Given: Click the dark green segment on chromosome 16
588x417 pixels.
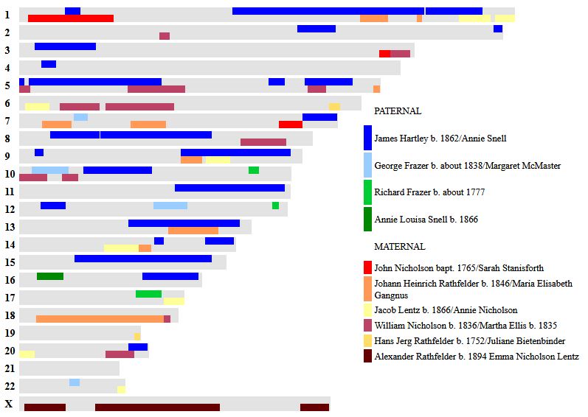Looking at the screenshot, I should click(x=50, y=276).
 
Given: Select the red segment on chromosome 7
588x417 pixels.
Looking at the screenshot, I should click(x=291, y=125).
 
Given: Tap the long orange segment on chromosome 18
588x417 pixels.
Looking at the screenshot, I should click(x=100, y=319).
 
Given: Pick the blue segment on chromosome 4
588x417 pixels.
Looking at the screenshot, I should click(x=49, y=64).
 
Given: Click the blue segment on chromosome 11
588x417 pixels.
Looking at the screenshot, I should click(x=229, y=188).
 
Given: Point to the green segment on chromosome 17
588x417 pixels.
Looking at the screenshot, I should click(x=148, y=294).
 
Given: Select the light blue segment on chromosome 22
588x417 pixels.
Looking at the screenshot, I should click(x=75, y=382).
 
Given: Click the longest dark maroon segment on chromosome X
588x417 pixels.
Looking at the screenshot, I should click(x=157, y=407).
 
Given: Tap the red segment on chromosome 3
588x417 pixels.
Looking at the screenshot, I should click(x=384, y=54).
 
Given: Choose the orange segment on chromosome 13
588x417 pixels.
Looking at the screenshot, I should click(x=193, y=231).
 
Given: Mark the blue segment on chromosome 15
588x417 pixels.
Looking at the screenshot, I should click(x=143, y=259).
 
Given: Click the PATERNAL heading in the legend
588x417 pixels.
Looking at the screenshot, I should click(x=397, y=111).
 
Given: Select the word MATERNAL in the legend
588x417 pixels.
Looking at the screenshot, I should click(x=399, y=247).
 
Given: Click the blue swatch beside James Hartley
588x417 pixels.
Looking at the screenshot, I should click(x=367, y=138).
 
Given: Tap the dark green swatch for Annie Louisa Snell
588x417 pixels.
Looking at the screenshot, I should click(x=367, y=219).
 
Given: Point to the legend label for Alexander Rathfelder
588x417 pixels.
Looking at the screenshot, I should click(x=477, y=357).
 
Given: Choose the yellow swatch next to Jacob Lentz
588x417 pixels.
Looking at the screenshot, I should click(x=367, y=310).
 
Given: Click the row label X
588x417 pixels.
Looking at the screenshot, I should click(x=8, y=404).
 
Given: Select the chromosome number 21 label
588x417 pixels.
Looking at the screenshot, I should click(x=9, y=368).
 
